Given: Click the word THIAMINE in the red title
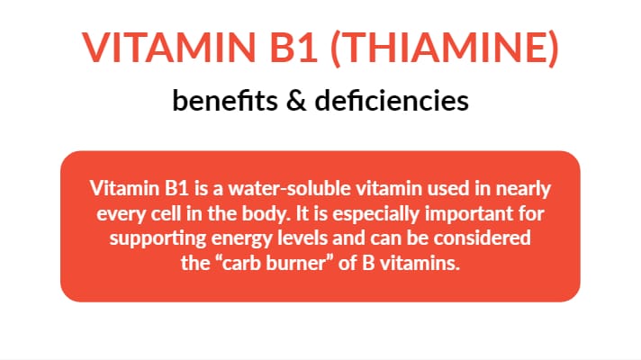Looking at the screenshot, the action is tap(444, 48).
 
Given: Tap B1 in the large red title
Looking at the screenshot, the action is tap(293, 48).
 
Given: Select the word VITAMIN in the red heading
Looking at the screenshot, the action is tap(169, 48).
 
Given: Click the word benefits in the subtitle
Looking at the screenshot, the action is tap(225, 101).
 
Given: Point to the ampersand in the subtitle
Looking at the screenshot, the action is tap(296, 101).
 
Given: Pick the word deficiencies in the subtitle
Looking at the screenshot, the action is tap(392, 101).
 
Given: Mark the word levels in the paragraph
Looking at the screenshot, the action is tap(302, 238).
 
